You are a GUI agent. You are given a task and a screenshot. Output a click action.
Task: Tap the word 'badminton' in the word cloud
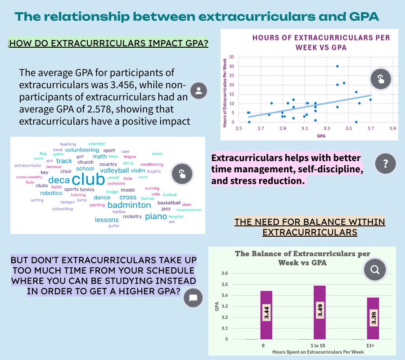coord(129,205)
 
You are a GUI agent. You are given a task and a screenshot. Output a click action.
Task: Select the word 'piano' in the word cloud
coord(156,216)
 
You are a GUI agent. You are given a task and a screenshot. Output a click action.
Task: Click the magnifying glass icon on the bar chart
coord(375,270)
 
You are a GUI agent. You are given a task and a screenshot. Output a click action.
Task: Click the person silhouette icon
coord(198,91)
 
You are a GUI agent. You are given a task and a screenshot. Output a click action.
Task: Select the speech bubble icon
coord(193,297)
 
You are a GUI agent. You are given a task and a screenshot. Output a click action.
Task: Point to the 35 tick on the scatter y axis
coord(231,57)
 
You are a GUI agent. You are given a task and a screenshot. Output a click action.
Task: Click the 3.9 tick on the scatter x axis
coord(392,129)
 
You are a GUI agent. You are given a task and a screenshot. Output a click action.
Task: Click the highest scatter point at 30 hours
coord(337,66)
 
